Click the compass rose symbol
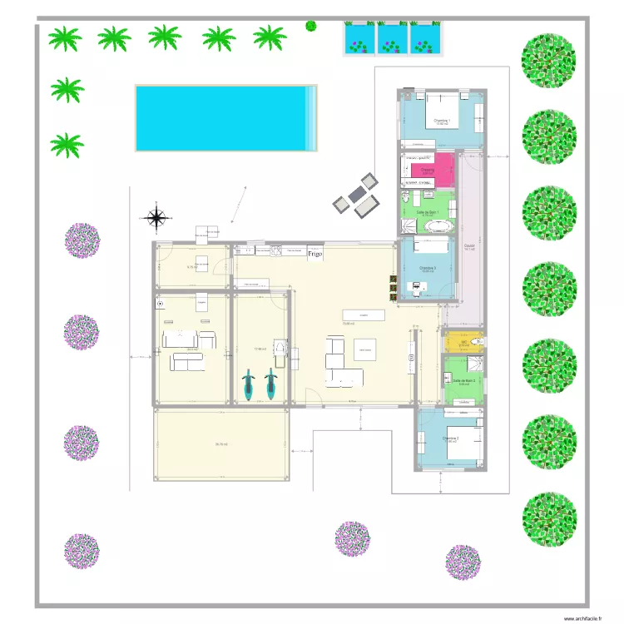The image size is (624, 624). click(x=156, y=218)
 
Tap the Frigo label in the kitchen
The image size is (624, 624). click(x=314, y=252)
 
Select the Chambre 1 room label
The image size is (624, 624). click(x=441, y=121)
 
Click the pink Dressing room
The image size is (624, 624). click(x=429, y=170)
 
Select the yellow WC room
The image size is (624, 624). click(x=463, y=341)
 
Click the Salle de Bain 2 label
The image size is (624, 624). click(x=463, y=379)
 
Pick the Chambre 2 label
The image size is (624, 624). click(x=450, y=438)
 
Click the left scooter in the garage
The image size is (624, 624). click(x=248, y=385)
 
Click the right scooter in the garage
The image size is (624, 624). click(x=270, y=385)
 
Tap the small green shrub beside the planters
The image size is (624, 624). click(x=311, y=26)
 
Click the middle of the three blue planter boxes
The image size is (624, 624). click(x=391, y=37)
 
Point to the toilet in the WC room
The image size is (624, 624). click(x=478, y=340)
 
